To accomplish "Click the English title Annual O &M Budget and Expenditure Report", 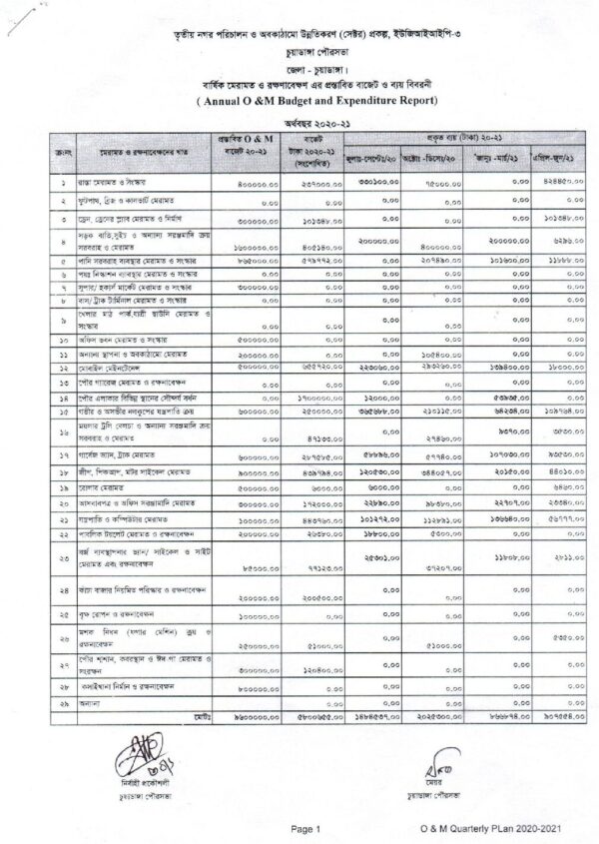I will coord(299,101).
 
